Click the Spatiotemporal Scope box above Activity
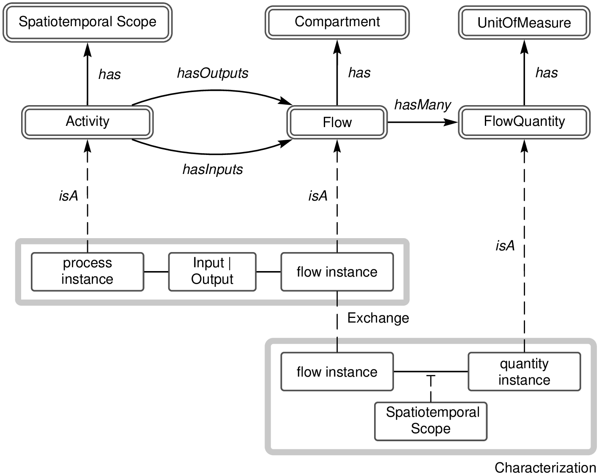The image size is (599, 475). click(88, 22)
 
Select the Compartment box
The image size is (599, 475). click(337, 22)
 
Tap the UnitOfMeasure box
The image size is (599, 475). click(524, 23)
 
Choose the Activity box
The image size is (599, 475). click(88, 122)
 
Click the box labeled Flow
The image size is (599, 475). click(337, 123)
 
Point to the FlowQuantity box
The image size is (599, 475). click(524, 122)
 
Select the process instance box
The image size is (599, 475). click(88, 271)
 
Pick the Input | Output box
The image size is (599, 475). click(212, 271)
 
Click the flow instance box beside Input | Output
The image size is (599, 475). click(337, 272)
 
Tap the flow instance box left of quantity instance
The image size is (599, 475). click(337, 372)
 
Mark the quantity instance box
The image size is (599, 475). click(524, 372)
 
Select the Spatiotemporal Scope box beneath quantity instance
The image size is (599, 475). click(431, 421)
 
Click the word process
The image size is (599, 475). click(88, 263)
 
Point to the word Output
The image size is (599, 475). click(212, 280)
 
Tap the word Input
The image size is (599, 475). click(208, 263)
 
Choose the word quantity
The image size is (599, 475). click(524, 364)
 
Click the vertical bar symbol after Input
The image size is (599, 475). click(230, 263)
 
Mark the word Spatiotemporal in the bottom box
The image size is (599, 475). click(432, 412)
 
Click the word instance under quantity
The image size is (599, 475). click(524, 380)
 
